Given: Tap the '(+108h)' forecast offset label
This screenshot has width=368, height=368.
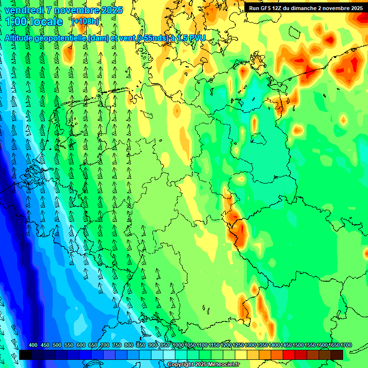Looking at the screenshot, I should coord(85,22).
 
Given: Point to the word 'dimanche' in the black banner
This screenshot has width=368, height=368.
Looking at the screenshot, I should coord(315,8).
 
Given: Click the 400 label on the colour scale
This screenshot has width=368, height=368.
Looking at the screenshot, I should coord(33,345).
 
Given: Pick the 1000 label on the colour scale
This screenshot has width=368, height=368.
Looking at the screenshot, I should coord(178,345).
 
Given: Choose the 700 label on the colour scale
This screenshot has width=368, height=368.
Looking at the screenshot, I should coord(105,345).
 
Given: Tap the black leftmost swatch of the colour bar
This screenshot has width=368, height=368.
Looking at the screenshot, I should coord(25,355).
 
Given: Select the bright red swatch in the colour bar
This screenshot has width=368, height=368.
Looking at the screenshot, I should coord(289,355).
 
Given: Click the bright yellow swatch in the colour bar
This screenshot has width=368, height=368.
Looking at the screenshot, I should coord(241,355).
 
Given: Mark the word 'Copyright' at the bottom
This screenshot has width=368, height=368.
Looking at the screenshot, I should coord(180,365).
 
